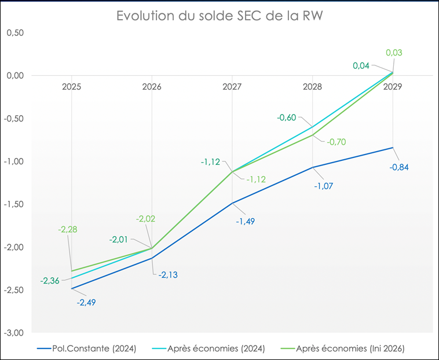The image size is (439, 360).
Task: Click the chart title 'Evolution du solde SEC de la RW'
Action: click(219, 16)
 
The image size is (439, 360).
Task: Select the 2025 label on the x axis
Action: click(71, 87)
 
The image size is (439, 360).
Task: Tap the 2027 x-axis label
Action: click(232, 87)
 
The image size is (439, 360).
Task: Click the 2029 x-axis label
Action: click(393, 87)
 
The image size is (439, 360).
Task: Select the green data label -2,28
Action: click(67, 229)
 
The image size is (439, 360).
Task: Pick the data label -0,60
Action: click(286, 117)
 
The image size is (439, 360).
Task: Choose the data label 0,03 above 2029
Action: click(394, 53)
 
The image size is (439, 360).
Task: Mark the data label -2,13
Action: click(167, 274)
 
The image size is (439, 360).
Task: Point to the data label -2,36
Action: click(50, 281)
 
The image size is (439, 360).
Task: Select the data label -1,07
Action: click(323, 186)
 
